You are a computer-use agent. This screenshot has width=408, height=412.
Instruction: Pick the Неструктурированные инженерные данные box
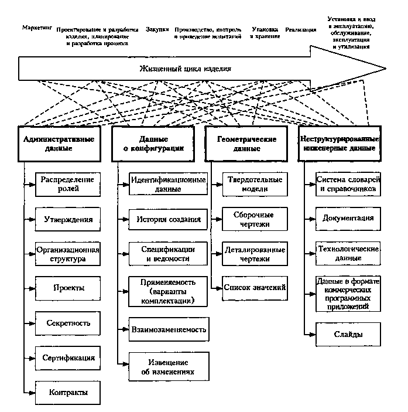[340, 144]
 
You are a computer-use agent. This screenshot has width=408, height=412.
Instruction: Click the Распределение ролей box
[68, 183]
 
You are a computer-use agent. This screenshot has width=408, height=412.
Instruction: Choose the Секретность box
[68, 322]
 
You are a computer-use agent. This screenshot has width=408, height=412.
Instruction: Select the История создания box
[168, 220]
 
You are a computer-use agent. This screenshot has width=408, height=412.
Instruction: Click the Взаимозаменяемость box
[168, 330]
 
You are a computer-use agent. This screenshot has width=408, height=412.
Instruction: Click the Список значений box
[255, 288]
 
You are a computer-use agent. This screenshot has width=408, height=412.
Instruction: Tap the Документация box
[348, 219]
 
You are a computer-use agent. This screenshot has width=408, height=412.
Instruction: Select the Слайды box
[348, 334]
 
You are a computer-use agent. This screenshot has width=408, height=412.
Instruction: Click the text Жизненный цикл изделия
[186, 69]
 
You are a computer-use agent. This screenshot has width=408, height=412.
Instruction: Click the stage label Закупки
[158, 29]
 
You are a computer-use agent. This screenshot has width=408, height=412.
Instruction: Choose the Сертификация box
[68, 357]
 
